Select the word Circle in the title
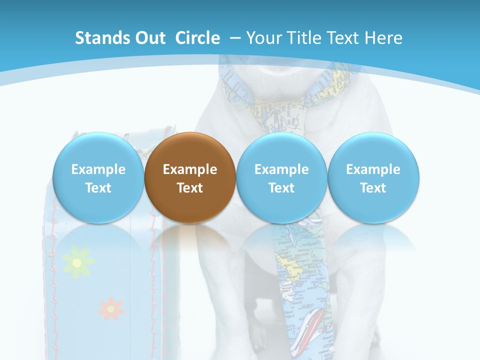(197, 38)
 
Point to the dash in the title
(235, 38)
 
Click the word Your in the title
(262, 38)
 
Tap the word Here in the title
(384, 38)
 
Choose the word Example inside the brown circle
(190, 169)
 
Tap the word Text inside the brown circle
(190, 188)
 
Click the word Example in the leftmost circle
(98, 169)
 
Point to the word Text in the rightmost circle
(373, 188)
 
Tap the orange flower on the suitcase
(110, 308)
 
